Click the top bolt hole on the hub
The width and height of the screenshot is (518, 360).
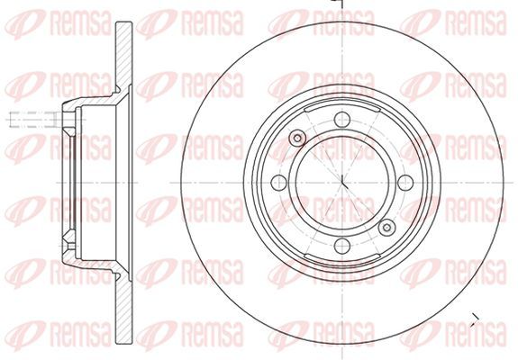[x=342, y=120]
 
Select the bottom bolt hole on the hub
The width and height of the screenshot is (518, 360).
[x=342, y=246]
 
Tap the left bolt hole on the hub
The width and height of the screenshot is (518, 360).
[x=279, y=183]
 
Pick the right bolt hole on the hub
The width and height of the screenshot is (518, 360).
[x=405, y=183]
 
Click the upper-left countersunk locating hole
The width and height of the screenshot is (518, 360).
[x=297, y=138]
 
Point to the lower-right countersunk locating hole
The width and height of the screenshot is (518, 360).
[x=386, y=228]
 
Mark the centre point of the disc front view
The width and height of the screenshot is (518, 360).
[x=342, y=183]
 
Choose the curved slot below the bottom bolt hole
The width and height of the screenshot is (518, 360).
[x=342, y=258]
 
